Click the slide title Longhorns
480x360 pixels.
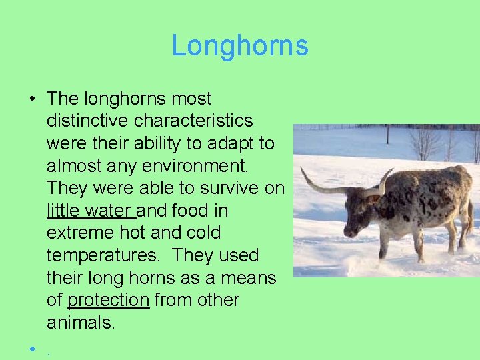click(240, 46)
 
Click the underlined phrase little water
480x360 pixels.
click(90, 211)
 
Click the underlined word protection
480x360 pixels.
click(108, 301)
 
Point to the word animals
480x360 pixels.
click(81, 323)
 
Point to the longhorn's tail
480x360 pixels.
click(469, 213)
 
